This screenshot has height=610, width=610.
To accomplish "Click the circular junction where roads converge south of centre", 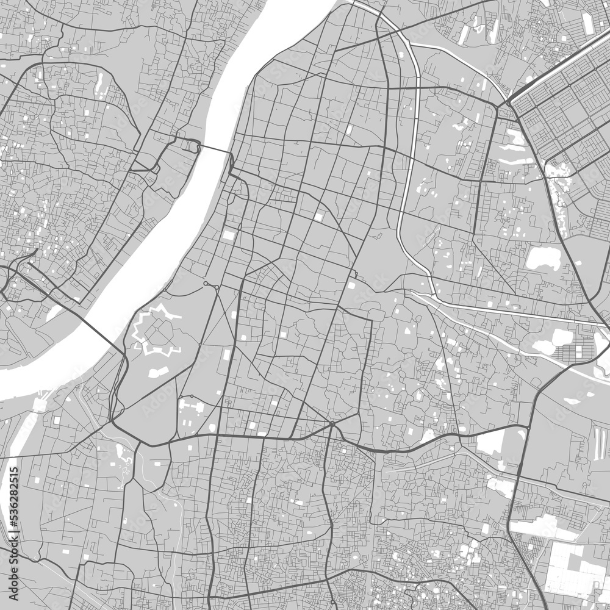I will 331,423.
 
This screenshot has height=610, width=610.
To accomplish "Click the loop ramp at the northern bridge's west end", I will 190,145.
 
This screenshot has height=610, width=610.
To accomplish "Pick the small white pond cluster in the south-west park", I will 125,454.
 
